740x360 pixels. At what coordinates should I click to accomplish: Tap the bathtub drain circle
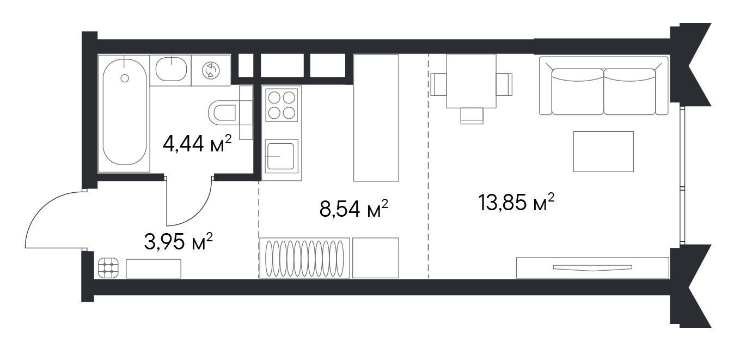click(x=125, y=78)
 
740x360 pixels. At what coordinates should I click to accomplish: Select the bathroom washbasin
click(x=171, y=69)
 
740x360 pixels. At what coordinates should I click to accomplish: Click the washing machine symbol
click(x=210, y=70)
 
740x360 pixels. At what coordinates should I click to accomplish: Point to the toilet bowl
click(x=223, y=113)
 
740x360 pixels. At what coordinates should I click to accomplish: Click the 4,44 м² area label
click(x=197, y=144)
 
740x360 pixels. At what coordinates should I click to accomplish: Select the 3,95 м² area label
click(x=179, y=241)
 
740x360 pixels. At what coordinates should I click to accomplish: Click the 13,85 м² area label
click(x=516, y=202)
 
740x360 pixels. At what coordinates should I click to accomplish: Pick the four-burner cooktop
click(x=282, y=105)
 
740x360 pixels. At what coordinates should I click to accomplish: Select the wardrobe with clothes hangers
click(x=304, y=258)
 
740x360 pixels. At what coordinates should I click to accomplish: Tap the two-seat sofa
click(x=603, y=86)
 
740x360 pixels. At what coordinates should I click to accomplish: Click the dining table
click(x=472, y=81)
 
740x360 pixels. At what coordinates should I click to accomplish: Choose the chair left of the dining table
click(x=438, y=84)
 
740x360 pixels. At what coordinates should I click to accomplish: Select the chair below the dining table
click(x=472, y=116)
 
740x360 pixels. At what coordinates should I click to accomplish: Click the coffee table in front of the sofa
click(x=603, y=151)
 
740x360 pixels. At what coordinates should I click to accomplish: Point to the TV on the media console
click(x=592, y=267)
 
